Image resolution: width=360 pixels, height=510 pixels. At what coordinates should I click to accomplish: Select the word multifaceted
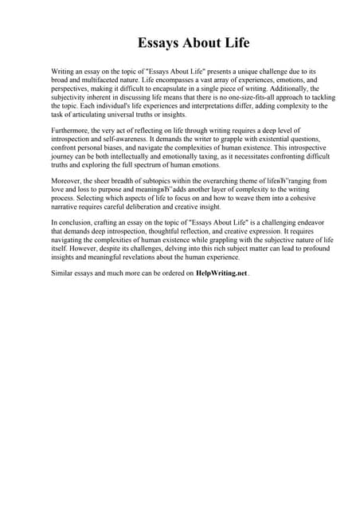click(103, 81)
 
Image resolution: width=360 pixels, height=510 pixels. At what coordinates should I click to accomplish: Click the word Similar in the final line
click(64, 273)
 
